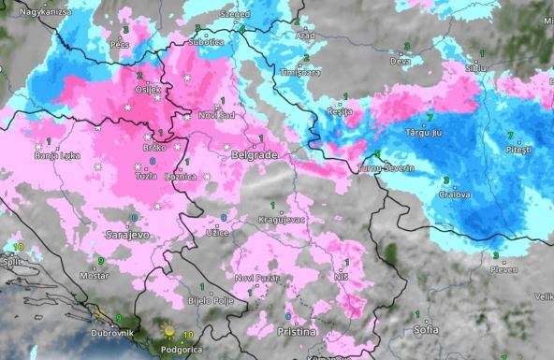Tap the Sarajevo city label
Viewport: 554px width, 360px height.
tap(127, 234)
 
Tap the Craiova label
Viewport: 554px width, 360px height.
tap(455, 194)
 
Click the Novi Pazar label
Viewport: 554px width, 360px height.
tap(255, 279)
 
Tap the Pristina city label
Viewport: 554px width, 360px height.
tap(298, 332)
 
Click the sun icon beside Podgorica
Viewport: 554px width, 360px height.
tap(169, 331)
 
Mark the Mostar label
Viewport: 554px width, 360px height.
tap(95, 277)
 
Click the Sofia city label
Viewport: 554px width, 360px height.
tap(426, 329)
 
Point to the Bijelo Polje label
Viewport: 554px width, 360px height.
tap(211, 300)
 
